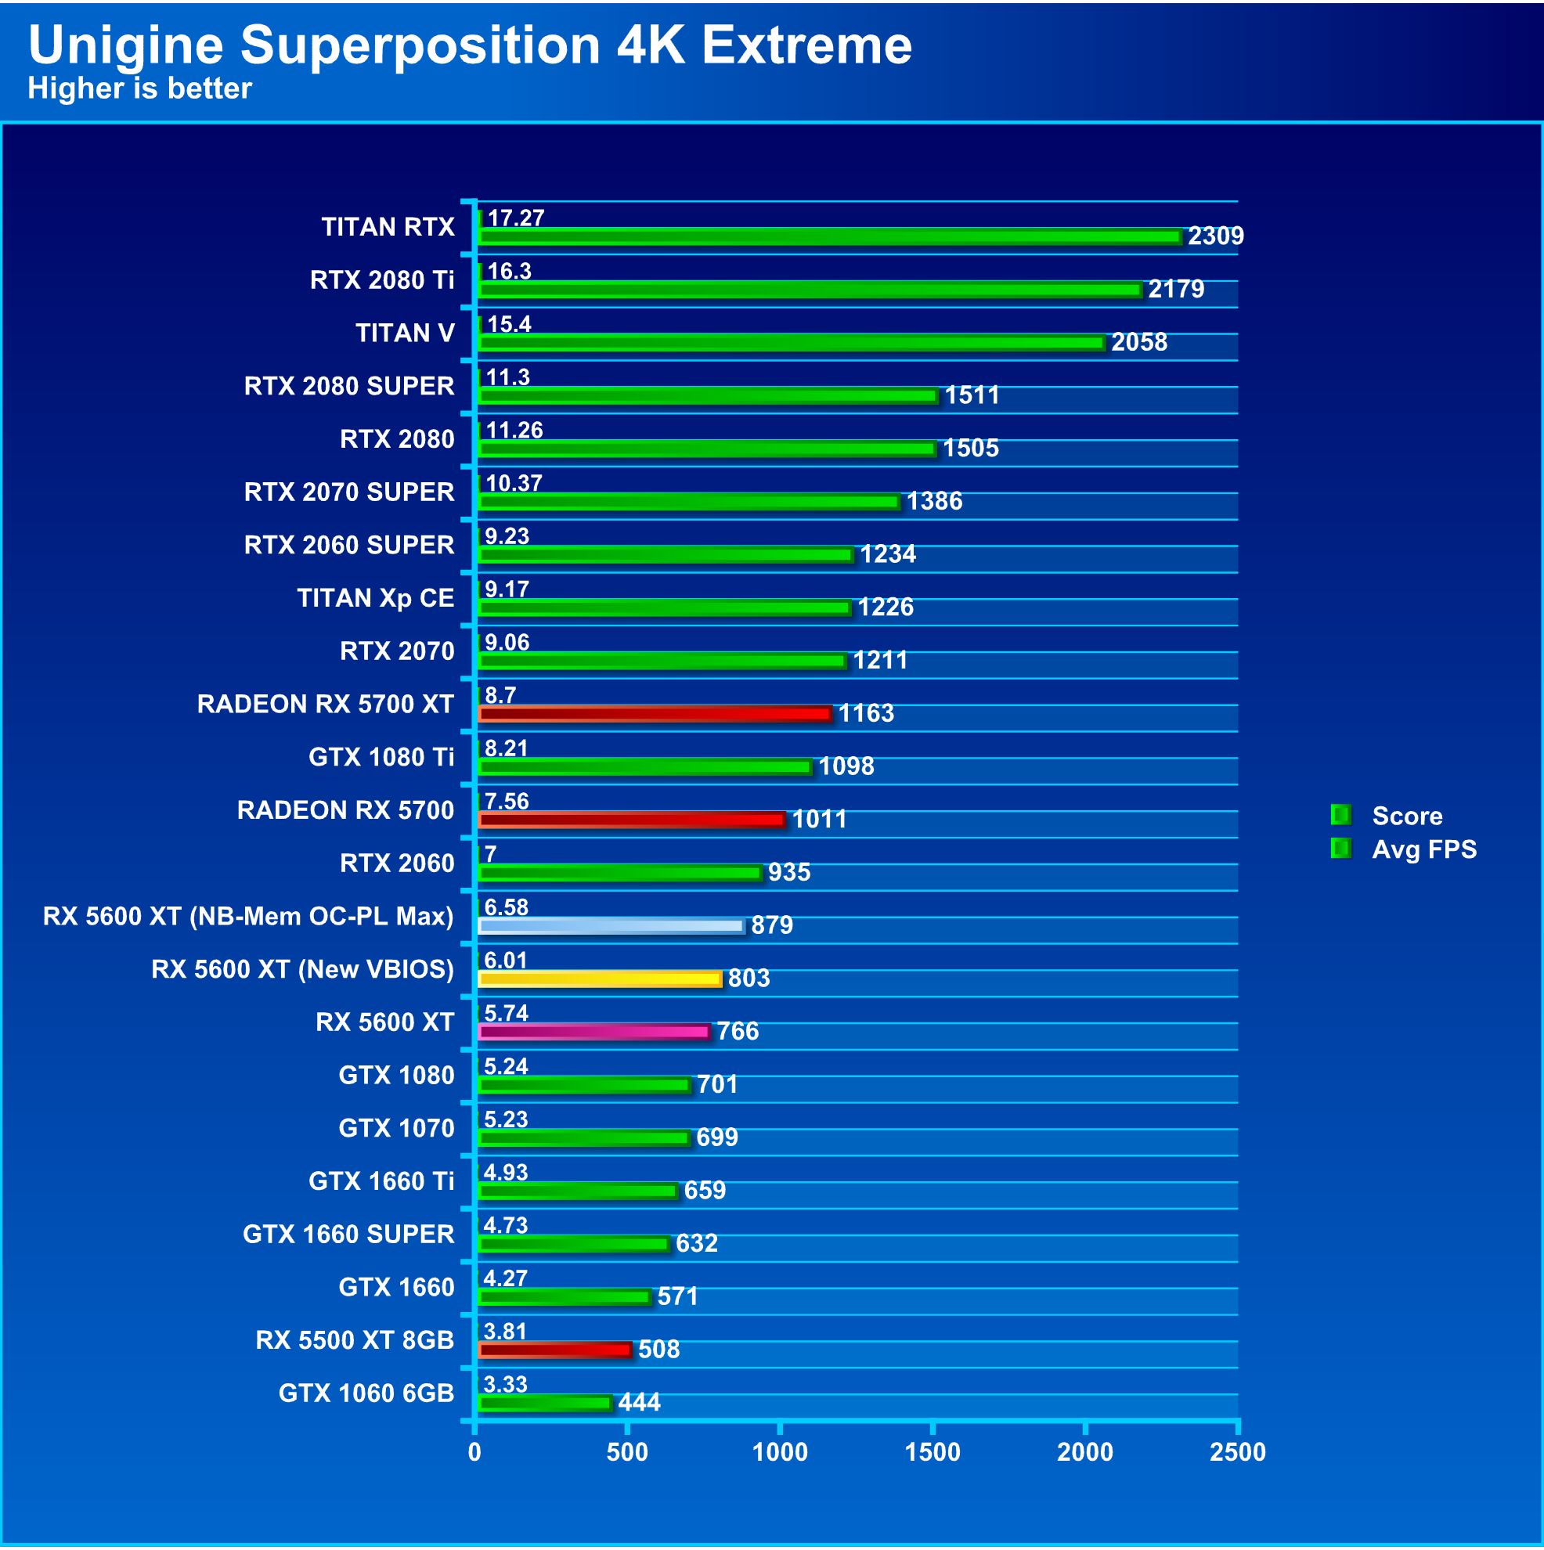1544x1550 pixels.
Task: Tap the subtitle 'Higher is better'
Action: coord(139,88)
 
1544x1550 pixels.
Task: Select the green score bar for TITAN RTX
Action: coord(829,237)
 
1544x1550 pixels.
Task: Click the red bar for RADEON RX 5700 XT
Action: coord(654,714)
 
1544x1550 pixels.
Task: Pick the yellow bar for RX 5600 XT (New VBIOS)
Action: coord(600,979)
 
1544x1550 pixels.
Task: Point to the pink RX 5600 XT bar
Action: coord(593,1032)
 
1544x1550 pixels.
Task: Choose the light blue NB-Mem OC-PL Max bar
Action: coord(611,926)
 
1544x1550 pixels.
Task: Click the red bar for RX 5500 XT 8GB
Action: coord(554,1350)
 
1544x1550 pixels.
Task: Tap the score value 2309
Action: coord(1215,236)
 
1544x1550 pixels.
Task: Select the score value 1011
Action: coord(818,819)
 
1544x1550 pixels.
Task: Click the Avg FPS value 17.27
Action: coord(515,218)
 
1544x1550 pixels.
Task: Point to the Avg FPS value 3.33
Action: coord(505,1385)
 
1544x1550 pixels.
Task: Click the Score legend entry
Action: coord(1406,816)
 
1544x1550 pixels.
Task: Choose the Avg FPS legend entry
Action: coord(1423,849)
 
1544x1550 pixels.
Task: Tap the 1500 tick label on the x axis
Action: coord(932,1452)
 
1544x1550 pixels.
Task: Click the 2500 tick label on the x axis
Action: coord(1236,1452)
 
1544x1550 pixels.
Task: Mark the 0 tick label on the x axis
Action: coord(475,1452)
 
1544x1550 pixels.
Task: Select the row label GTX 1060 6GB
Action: coord(366,1393)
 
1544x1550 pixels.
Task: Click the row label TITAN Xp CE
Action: coord(375,599)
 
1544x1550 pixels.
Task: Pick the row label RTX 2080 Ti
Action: coord(382,280)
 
